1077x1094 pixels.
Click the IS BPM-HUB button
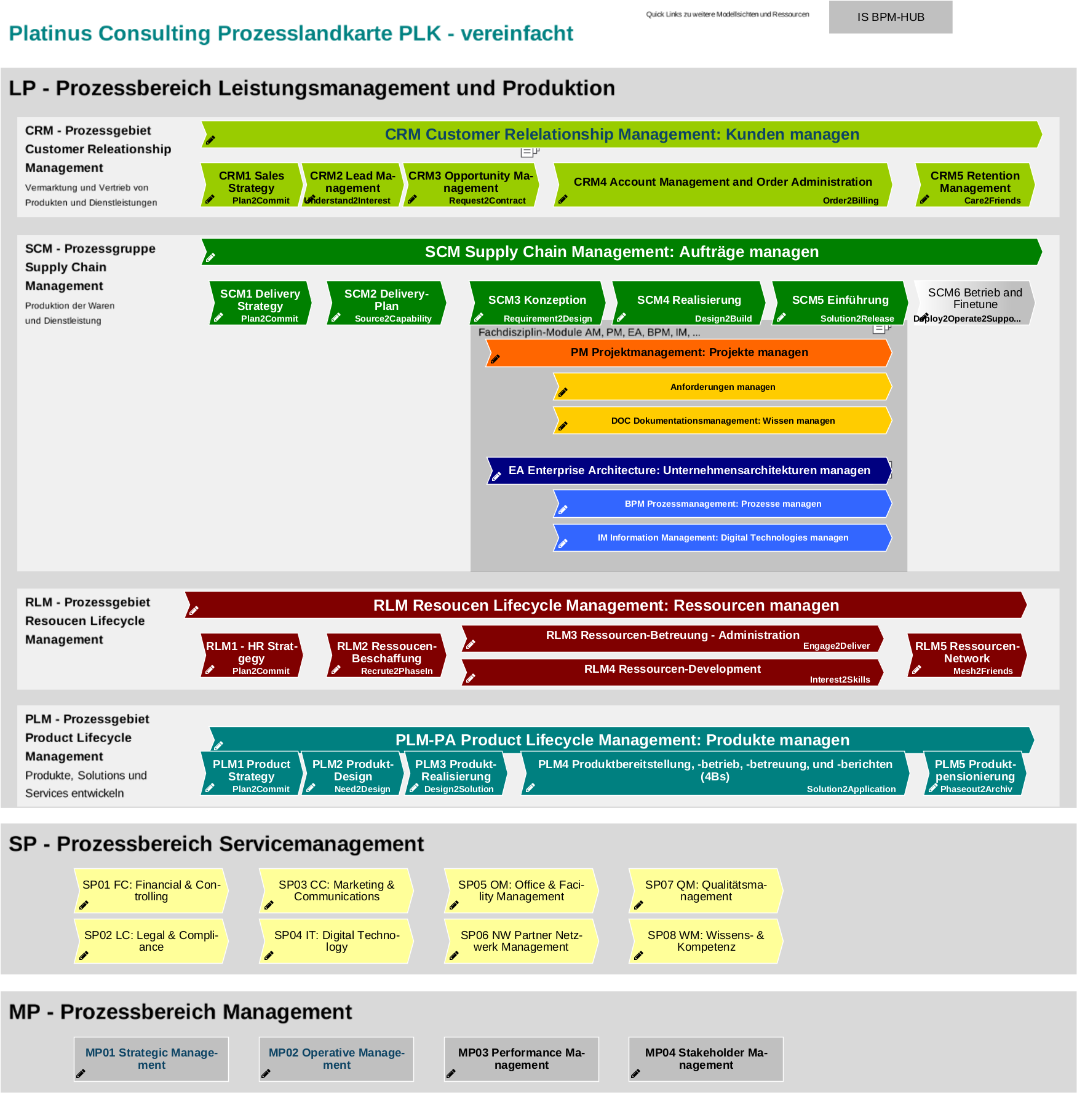[x=890, y=17]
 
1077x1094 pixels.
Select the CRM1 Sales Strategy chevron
[x=252, y=184]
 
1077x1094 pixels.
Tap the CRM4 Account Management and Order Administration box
[x=723, y=184]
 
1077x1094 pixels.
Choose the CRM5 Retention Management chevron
[x=975, y=184]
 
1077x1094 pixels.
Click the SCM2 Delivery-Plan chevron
[x=386, y=303]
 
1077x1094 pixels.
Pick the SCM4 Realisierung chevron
[x=689, y=303]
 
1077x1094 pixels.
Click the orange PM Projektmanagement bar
[x=689, y=352]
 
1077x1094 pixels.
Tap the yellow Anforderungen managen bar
[x=723, y=387]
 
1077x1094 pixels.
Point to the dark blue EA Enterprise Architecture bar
[x=689, y=470]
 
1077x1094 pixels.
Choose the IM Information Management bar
[x=723, y=537]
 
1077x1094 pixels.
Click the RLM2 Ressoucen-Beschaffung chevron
[x=386, y=655]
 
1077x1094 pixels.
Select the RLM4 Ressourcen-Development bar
[x=672, y=672]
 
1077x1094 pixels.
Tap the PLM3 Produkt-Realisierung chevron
[x=456, y=773]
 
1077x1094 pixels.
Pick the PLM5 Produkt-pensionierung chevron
[x=975, y=773]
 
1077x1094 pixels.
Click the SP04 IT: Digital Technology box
[x=336, y=941]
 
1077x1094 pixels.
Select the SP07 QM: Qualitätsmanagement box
[x=705, y=890]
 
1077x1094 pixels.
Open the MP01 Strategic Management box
[x=151, y=1059]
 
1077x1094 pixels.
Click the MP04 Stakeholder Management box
[x=706, y=1059]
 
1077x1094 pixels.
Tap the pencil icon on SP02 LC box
[x=84, y=956]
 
